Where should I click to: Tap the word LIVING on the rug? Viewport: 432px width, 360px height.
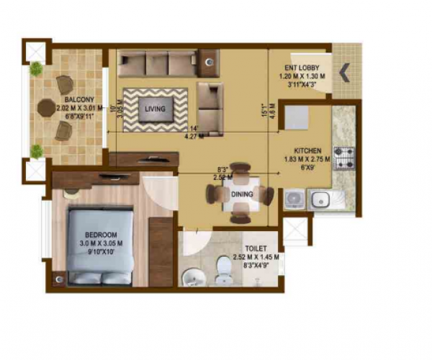[x=154, y=109]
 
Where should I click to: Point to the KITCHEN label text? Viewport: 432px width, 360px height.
[x=306, y=150]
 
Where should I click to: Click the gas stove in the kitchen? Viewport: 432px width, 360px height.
[x=343, y=155]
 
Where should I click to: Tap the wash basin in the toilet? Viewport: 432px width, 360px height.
[x=192, y=276]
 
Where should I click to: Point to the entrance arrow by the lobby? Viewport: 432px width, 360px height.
[x=344, y=71]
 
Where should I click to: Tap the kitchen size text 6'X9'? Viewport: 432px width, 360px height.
[x=306, y=167]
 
